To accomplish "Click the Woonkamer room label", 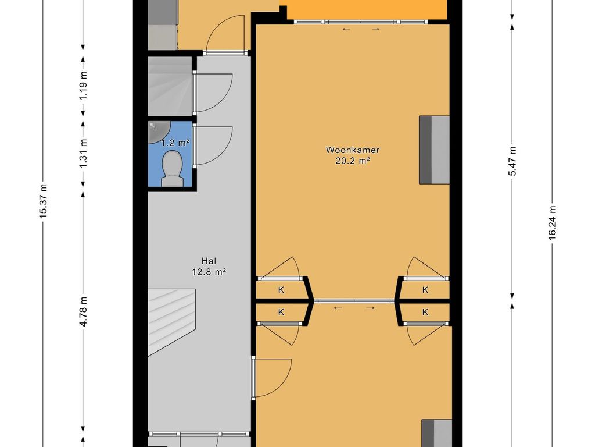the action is (353, 150).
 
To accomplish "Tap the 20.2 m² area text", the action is (353, 161).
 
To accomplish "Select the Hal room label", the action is (209, 261).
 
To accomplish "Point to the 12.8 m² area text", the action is (209, 272).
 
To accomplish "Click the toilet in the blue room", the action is (172, 169).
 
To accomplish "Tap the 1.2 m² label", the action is (175, 143).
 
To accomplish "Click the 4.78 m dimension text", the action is (84, 311).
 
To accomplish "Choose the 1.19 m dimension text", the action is (84, 86).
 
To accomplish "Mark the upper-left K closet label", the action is (281, 290).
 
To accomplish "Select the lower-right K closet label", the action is (425, 312).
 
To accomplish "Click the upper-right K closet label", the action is (425, 290).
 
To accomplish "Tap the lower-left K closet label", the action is (281, 312).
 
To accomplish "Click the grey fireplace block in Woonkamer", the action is (434, 150).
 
